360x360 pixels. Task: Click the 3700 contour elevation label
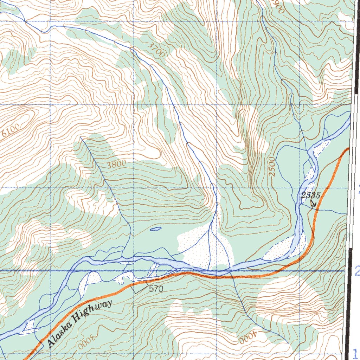click(x=156, y=50)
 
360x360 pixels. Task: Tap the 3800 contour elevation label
click(x=116, y=164)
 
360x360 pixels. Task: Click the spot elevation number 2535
click(x=310, y=196)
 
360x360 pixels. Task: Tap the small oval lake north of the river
click(x=155, y=229)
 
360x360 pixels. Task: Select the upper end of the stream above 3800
click(x=81, y=137)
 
